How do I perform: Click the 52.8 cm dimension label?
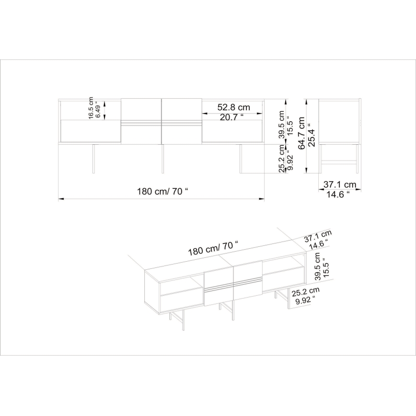tap(234, 107)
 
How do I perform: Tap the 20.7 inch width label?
tap(232, 117)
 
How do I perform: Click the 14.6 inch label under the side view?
tap(338, 194)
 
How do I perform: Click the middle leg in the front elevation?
tap(162, 158)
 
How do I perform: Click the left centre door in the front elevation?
tap(140, 120)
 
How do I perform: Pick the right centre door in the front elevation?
tap(181, 120)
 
